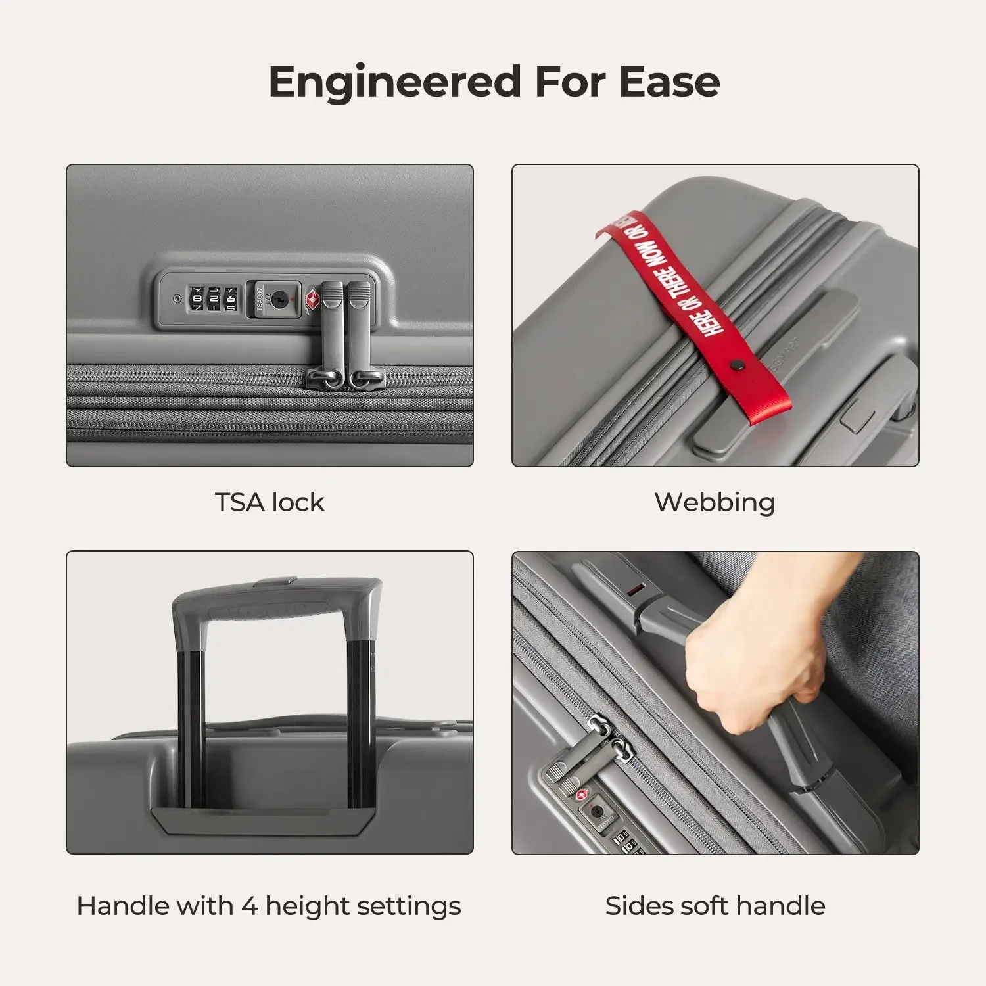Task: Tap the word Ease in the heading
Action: pos(669,82)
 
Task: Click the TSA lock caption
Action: pos(270,502)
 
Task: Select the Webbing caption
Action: pos(715,502)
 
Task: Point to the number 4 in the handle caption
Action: pos(249,906)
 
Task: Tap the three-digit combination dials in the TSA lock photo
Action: pos(213,299)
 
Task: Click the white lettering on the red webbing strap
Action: pos(677,276)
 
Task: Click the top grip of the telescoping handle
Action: pos(276,601)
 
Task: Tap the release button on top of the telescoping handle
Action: pos(276,581)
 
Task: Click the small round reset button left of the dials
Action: pos(176,299)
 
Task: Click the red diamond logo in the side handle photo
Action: pos(581,796)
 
